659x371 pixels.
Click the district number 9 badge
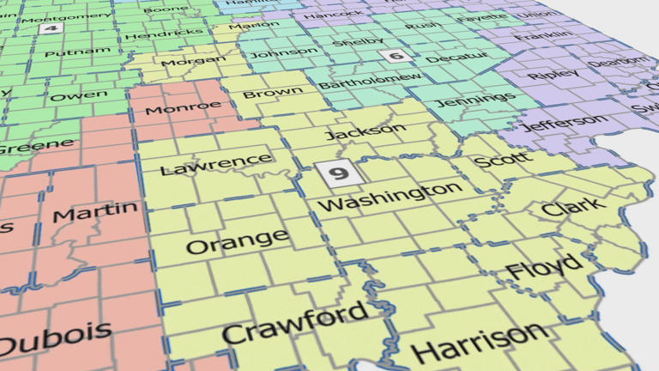[339, 174]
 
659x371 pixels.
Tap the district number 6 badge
[395, 57]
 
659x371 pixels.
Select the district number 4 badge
[50, 28]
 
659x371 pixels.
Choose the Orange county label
[237, 242]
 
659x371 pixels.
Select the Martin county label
[94, 210]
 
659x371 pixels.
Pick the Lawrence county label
[216, 162]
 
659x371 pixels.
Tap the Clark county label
[573, 207]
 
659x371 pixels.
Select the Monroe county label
[183, 107]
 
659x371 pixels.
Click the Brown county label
[272, 92]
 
